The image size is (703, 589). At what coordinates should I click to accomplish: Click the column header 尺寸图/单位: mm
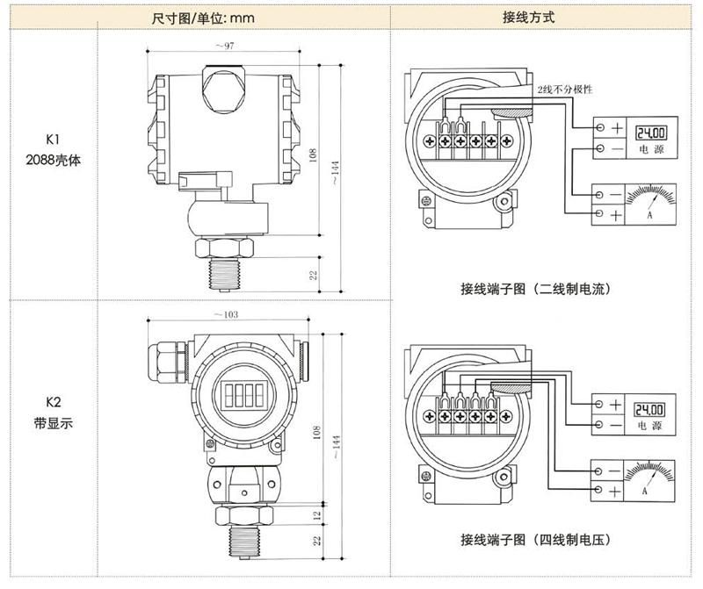pos(198,18)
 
